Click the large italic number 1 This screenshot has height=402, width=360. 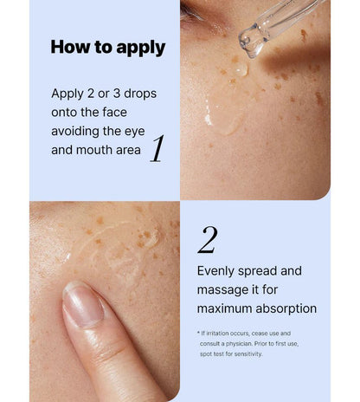157,148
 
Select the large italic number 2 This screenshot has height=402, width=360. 208,240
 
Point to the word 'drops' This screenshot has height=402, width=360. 140,94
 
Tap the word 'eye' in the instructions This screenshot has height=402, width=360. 135,132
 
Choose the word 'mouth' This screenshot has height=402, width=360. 94,150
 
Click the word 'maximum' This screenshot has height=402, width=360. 224,308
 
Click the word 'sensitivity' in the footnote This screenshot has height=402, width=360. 247,354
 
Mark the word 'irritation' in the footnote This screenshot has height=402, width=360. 219,334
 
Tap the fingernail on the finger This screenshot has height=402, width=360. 82,303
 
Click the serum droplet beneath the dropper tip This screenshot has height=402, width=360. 240,69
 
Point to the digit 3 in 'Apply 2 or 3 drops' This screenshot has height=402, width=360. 117,94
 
